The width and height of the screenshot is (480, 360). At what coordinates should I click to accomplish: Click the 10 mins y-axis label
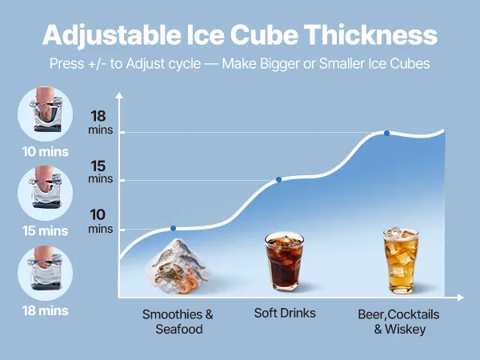pyautogui.click(x=98, y=221)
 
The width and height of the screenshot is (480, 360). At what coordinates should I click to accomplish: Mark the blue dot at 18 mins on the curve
pyautogui.click(x=387, y=133)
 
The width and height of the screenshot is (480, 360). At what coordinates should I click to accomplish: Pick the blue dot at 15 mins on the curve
pyautogui.click(x=279, y=179)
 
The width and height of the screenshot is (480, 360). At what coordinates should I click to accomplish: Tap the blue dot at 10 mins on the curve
pyautogui.click(x=173, y=228)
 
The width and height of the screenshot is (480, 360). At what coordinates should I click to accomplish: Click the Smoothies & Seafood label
pyautogui.click(x=178, y=320)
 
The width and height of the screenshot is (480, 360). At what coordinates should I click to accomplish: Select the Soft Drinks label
pyautogui.click(x=285, y=313)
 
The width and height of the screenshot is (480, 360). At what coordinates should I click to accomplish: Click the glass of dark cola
pyautogui.click(x=284, y=262)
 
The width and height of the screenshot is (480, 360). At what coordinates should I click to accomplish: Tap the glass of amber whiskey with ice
pyautogui.click(x=400, y=260)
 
